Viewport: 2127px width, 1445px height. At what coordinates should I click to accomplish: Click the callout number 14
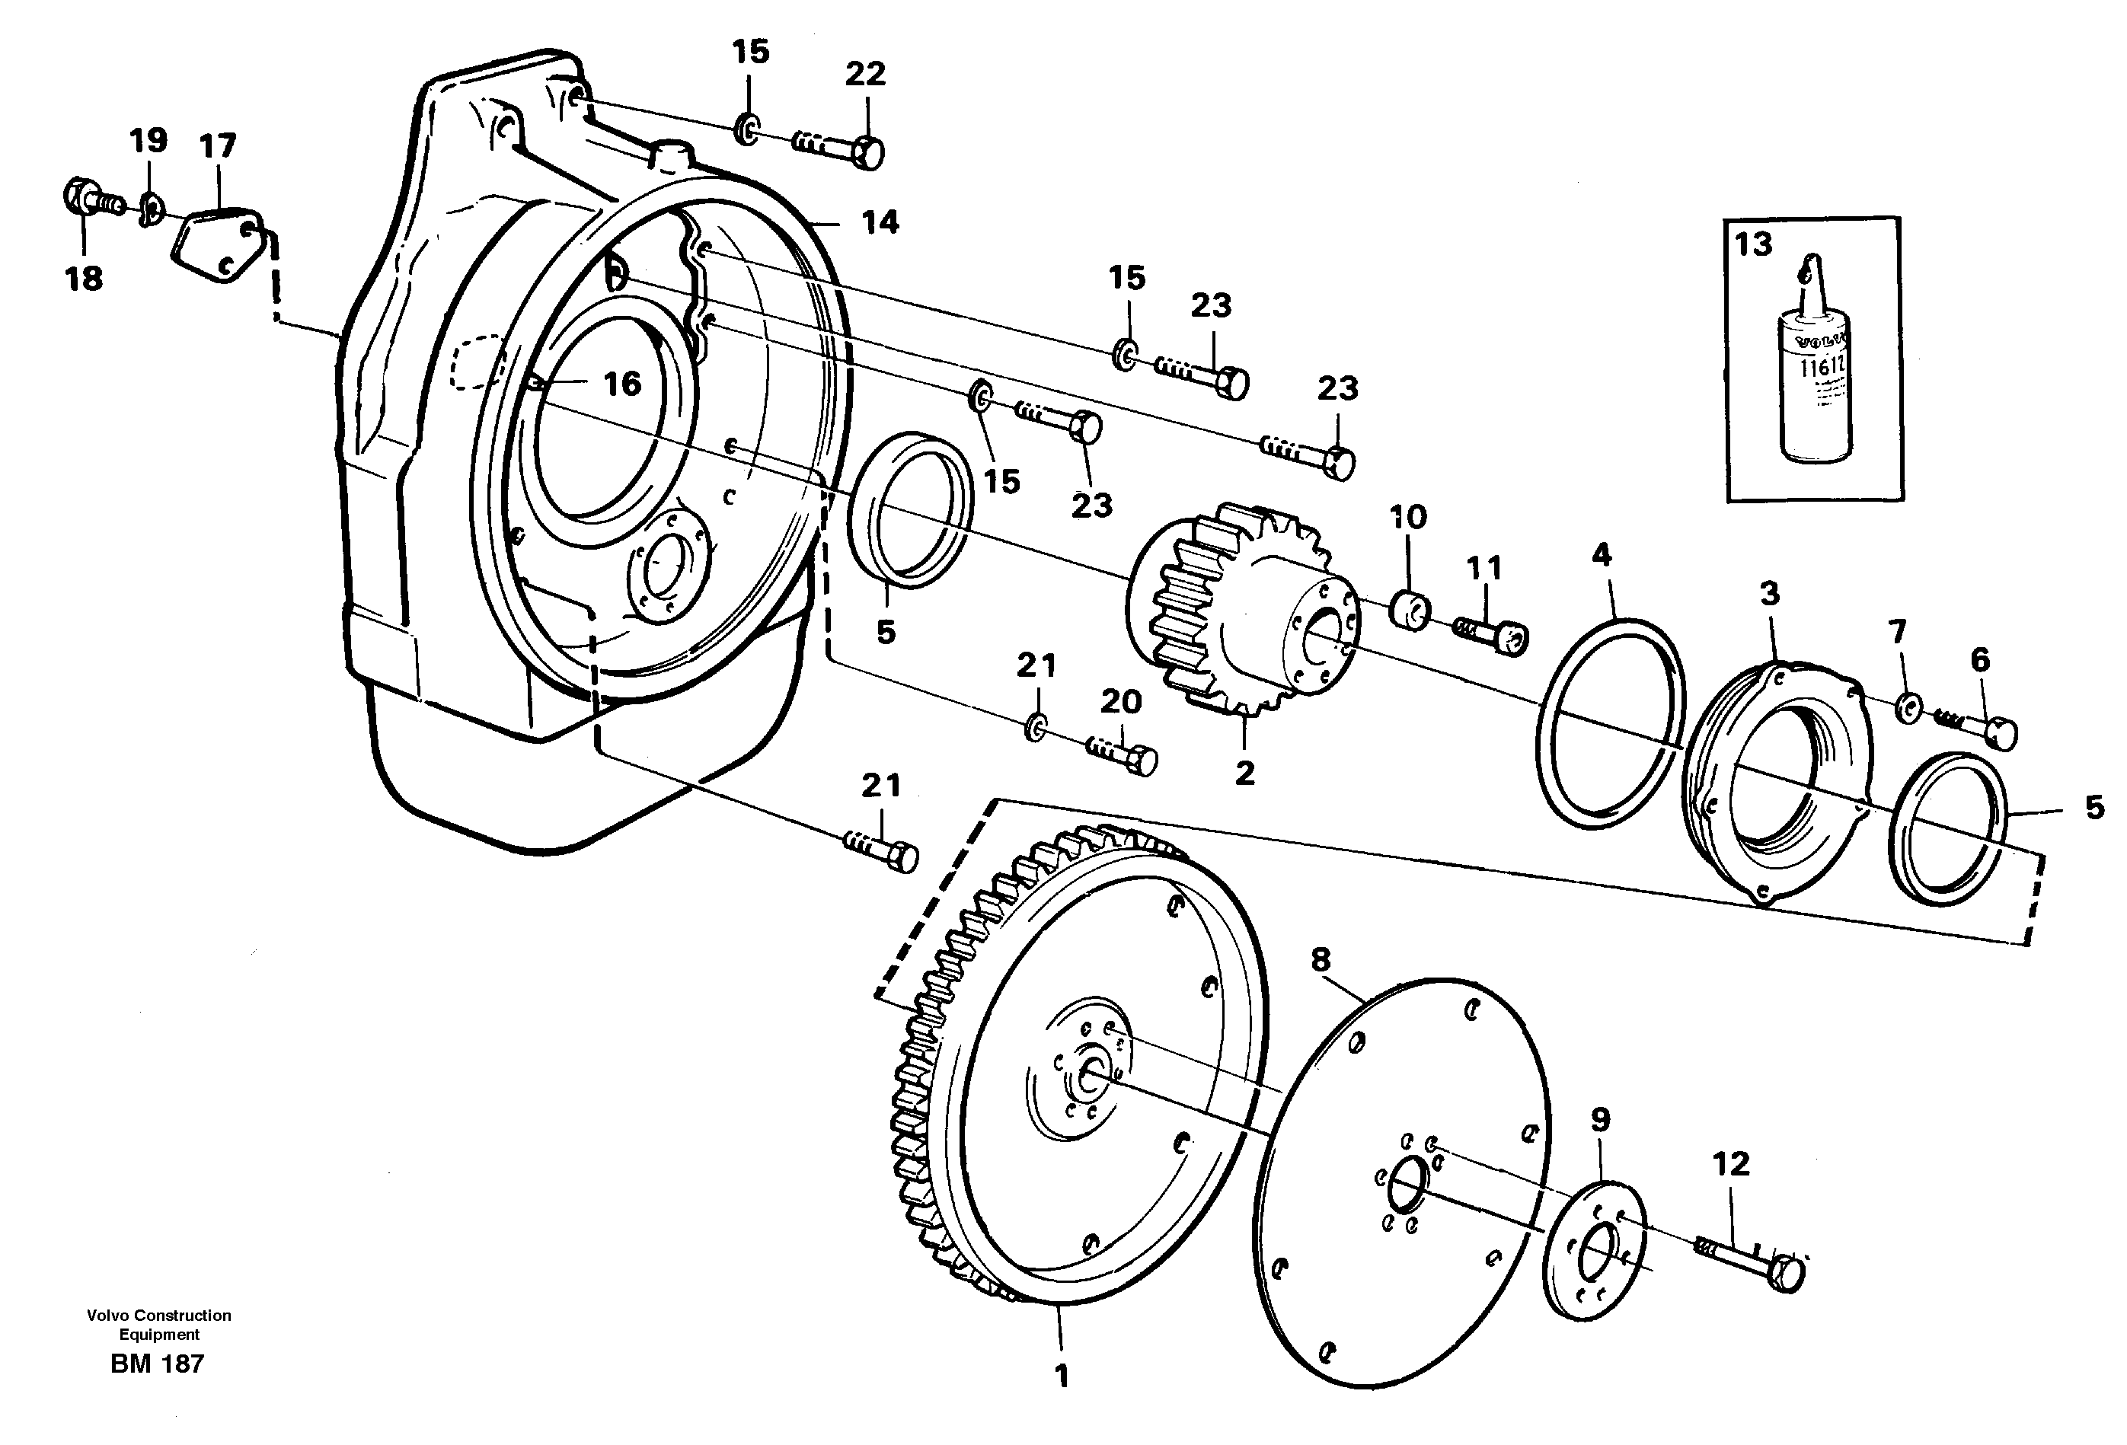pyautogui.click(x=880, y=222)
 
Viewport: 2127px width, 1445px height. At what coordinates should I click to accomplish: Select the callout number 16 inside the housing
pyautogui.click(x=622, y=384)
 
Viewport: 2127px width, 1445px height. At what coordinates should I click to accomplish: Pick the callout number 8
pyautogui.click(x=1320, y=960)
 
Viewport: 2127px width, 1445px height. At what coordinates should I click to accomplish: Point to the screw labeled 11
pyautogui.click(x=1492, y=634)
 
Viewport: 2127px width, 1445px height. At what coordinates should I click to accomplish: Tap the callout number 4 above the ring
pyautogui.click(x=1602, y=556)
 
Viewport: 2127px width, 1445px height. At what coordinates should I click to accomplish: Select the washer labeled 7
pyautogui.click(x=1908, y=707)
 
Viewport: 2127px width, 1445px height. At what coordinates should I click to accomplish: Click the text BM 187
pyautogui.click(x=158, y=1364)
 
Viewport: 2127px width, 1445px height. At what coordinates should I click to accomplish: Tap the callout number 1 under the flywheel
pyautogui.click(x=1062, y=1376)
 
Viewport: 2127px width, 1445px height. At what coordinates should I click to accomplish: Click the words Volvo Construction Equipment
pyautogui.click(x=159, y=1324)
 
